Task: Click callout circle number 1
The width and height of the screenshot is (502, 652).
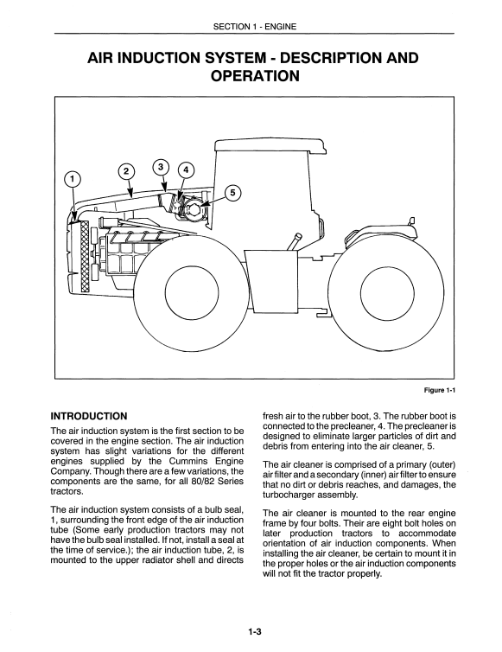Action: pos(73,179)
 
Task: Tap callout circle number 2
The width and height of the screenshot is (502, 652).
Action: pos(127,172)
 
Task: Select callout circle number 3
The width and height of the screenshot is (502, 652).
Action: pos(161,167)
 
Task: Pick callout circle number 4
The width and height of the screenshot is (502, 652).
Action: pos(186,169)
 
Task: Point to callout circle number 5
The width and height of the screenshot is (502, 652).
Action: pos(232,193)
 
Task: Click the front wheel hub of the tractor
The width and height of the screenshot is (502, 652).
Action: pos(192,290)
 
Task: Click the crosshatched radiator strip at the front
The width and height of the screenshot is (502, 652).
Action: pos(86,256)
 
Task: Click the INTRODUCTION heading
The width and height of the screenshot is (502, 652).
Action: pos(88,416)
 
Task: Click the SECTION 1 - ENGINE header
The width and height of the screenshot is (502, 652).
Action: pos(255,27)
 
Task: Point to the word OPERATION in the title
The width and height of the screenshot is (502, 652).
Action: pos(255,76)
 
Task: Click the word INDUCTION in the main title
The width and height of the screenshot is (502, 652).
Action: pos(161,58)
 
